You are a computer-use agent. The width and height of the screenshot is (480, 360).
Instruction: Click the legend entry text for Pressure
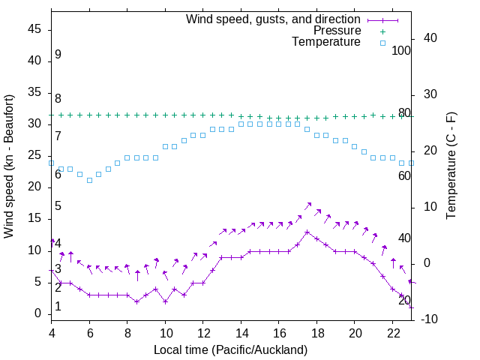click(337, 31)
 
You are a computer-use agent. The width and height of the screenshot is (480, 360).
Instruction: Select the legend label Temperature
click(326, 43)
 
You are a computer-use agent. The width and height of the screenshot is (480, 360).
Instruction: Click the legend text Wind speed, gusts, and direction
click(273, 19)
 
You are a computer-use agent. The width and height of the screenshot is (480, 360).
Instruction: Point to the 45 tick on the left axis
click(34, 29)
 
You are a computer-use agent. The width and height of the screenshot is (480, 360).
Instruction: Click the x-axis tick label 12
click(203, 334)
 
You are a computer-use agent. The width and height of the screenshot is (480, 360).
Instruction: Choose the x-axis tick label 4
click(52, 334)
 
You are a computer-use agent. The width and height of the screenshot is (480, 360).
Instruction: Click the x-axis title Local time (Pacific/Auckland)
click(230, 349)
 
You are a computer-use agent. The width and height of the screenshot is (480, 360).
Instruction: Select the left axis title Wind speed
click(9, 166)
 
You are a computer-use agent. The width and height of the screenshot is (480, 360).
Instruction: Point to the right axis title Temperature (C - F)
click(451, 166)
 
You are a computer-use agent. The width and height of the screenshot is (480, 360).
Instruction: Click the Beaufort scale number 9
click(58, 55)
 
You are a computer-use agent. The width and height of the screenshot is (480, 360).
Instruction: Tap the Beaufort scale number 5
click(58, 206)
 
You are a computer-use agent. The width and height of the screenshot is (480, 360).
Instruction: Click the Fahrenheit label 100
click(401, 50)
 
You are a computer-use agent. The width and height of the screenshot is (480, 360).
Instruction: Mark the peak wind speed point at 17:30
click(307, 232)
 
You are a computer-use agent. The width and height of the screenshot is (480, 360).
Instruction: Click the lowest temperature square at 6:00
click(89, 180)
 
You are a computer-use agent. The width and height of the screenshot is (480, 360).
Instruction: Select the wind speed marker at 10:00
click(165, 301)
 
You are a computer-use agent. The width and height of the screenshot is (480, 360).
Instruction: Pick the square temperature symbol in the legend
click(382, 43)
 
